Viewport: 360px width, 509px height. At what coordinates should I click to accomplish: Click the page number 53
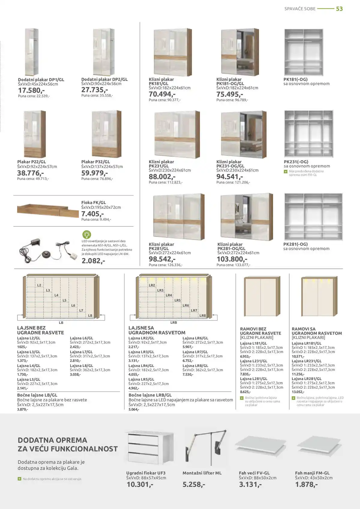click(339, 9)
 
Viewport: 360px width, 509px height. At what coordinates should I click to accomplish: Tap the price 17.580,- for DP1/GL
click(31, 90)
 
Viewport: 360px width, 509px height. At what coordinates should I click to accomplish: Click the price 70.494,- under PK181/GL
click(162, 94)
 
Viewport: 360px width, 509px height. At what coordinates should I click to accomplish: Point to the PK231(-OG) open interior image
click(309, 134)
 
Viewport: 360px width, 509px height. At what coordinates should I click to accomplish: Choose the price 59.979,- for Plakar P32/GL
click(94, 173)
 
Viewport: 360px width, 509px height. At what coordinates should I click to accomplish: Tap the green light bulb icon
click(86, 235)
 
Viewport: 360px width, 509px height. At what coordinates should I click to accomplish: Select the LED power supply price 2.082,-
click(93, 261)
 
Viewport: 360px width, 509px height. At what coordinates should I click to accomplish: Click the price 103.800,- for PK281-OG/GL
click(232, 259)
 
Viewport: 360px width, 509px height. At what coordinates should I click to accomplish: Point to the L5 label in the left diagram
click(64, 300)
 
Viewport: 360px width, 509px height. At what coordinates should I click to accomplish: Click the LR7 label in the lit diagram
click(194, 310)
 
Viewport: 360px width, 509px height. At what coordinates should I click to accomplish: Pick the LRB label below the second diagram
click(174, 322)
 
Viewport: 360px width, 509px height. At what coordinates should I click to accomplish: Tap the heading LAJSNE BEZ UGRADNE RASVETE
click(40, 330)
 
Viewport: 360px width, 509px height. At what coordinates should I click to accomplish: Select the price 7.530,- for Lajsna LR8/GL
click(188, 374)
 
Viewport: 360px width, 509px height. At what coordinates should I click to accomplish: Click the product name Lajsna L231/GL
click(253, 361)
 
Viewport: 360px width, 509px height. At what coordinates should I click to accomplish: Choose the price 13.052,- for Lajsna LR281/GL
click(298, 392)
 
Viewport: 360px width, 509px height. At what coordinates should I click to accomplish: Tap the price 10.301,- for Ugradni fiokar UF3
click(140, 484)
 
